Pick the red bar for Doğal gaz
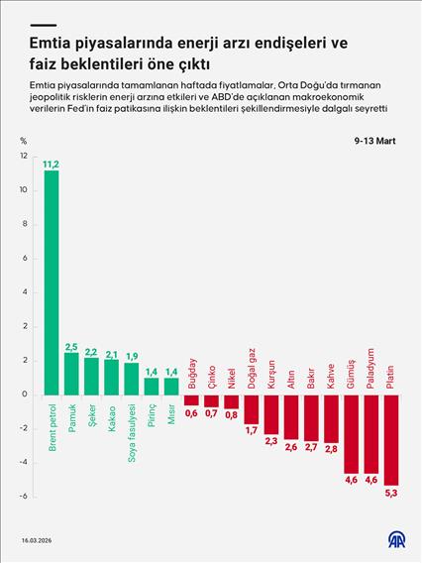pos(252,408)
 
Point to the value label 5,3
pos(391,492)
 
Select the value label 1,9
pos(132,355)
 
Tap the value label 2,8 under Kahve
pos(331,449)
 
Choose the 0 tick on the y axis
pos(24,394)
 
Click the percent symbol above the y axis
pos(23,142)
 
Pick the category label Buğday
pos(191,374)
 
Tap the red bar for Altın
pos(291,416)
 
